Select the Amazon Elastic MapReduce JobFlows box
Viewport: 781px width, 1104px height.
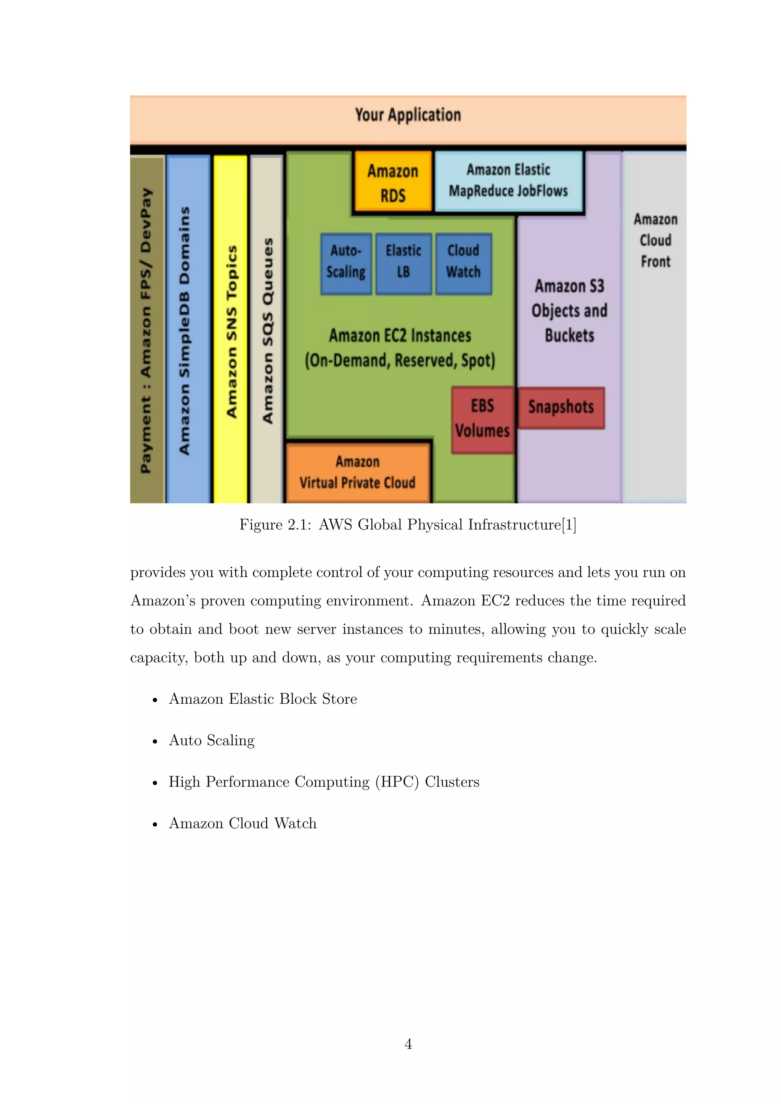[508, 181]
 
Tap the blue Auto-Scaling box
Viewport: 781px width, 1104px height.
[346, 263]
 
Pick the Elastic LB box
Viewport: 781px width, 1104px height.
[403, 263]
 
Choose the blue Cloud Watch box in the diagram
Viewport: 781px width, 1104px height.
[463, 263]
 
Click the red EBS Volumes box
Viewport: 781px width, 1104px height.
[482, 419]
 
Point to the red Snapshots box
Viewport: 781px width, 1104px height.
[561, 407]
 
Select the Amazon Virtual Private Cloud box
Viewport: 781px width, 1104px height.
[357, 472]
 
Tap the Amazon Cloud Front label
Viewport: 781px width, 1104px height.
[655, 241]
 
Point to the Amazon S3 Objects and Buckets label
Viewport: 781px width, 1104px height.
[569, 311]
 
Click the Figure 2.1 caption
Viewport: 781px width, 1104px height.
[408, 525]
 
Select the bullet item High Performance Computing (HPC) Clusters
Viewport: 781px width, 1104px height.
[324, 782]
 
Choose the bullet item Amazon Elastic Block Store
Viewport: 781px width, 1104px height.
[263, 699]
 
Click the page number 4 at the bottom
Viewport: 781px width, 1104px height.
[408, 1044]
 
